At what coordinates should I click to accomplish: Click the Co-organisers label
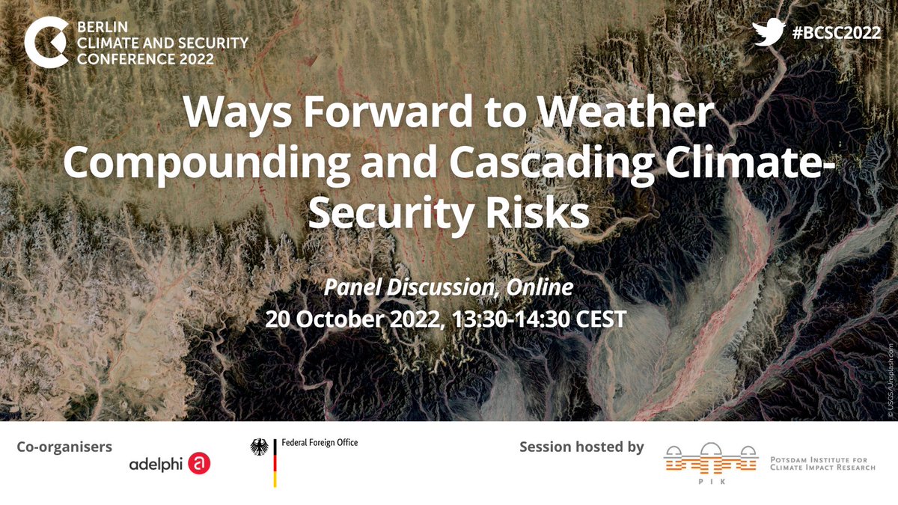64,447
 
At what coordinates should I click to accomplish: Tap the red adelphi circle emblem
200,464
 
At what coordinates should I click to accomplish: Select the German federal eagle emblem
260,449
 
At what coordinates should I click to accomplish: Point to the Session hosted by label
581,447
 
